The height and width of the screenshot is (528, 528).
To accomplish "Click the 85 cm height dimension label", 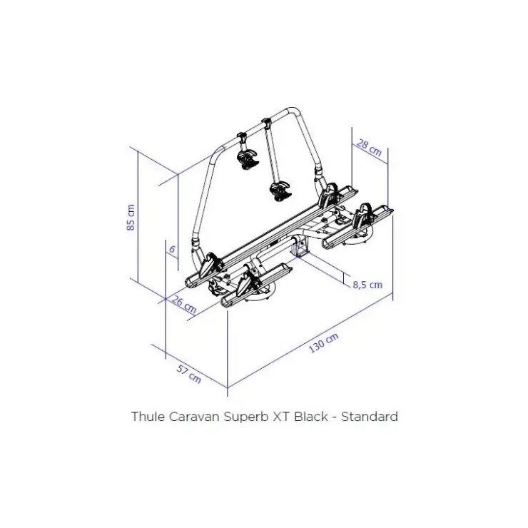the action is (131, 217).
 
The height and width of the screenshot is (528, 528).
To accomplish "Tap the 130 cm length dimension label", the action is (324, 342).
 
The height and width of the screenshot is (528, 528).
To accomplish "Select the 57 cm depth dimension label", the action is (189, 374).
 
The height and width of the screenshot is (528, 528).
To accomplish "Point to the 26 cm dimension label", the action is (184, 305).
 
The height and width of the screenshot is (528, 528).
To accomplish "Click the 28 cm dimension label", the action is (369, 148).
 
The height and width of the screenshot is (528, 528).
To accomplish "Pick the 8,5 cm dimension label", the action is (367, 285).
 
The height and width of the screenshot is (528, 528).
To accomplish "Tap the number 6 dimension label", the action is (172, 250).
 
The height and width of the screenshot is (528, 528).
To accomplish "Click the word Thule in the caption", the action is (148, 417).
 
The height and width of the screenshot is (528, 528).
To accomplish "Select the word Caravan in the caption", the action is (194, 417).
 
